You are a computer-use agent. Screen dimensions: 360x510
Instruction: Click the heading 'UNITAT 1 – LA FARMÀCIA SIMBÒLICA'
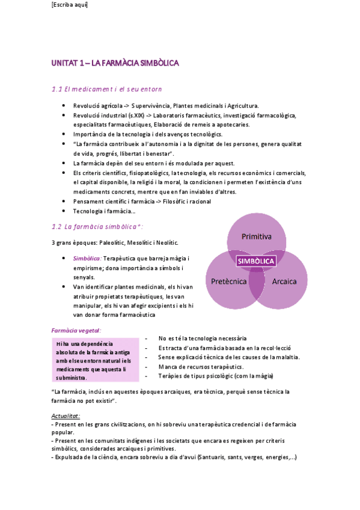click(115, 63)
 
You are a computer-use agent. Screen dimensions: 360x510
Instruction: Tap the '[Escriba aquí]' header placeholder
click(70, 5)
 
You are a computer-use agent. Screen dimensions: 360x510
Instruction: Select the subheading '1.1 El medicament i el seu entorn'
click(107, 89)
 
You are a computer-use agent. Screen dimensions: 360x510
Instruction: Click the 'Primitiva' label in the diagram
click(257, 236)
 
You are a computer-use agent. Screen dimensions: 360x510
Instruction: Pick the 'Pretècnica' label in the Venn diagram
click(228, 281)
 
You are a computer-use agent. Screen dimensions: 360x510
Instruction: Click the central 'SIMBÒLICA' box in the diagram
click(256, 261)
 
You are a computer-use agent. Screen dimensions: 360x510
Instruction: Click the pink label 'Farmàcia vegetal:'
click(76, 330)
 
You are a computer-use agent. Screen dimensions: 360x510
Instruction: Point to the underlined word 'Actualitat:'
click(66, 416)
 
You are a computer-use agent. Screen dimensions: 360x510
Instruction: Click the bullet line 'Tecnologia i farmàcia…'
click(104, 211)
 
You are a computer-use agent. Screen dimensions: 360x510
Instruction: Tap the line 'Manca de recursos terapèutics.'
click(201, 366)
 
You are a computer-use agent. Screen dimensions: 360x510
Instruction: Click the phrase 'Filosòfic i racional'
click(187, 201)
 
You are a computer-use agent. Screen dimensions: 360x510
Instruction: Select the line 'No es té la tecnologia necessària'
click(203, 339)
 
